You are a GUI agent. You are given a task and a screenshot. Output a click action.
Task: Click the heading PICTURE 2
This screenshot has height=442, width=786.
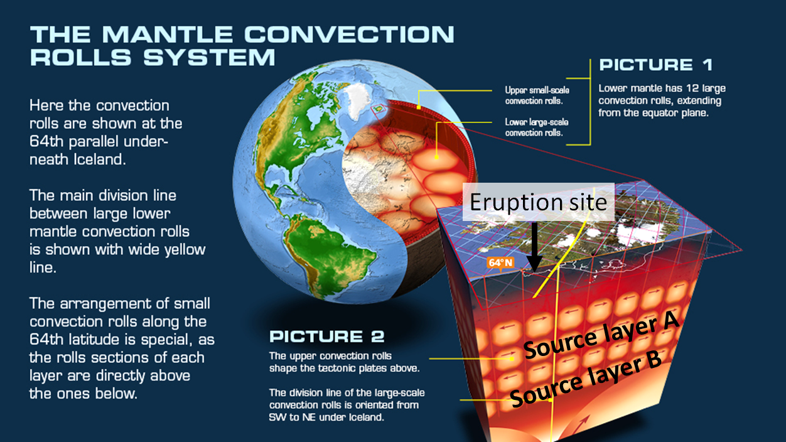[x=326, y=337]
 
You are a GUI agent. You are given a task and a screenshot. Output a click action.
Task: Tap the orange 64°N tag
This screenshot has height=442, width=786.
[x=500, y=263]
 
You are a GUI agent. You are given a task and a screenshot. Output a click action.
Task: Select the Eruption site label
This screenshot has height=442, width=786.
[x=538, y=202]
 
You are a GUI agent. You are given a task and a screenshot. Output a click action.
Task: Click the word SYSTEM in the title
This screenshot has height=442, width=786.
[x=210, y=57]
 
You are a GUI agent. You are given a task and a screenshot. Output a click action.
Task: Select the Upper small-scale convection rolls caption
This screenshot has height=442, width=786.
[x=537, y=95]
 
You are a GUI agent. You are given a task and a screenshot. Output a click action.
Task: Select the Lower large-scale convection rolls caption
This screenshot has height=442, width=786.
[x=537, y=127]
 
